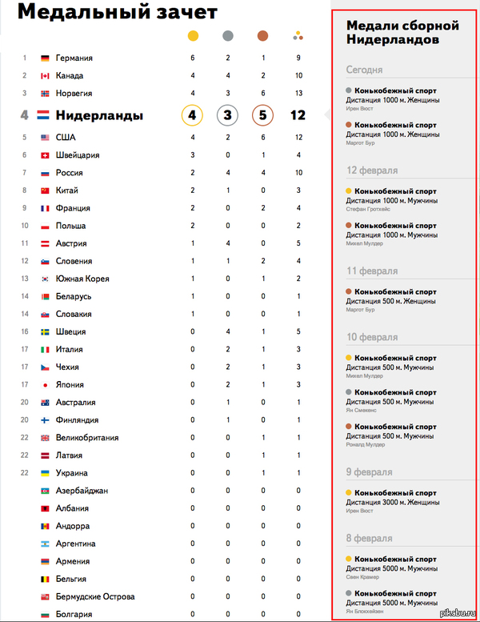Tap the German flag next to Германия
coord(45,58)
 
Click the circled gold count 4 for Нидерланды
coord(192,115)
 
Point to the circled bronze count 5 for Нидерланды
coord(262,115)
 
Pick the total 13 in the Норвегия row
coord(298,94)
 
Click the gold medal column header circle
coord(192,35)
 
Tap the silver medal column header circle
coord(227,35)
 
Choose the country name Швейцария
coord(78,155)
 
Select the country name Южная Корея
coord(82,279)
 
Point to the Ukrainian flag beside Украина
coord(45,473)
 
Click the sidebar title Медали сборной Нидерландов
coord(391,33)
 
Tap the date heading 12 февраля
coord(372,171)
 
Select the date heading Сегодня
coord(364,70)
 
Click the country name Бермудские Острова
coord(94,596)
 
